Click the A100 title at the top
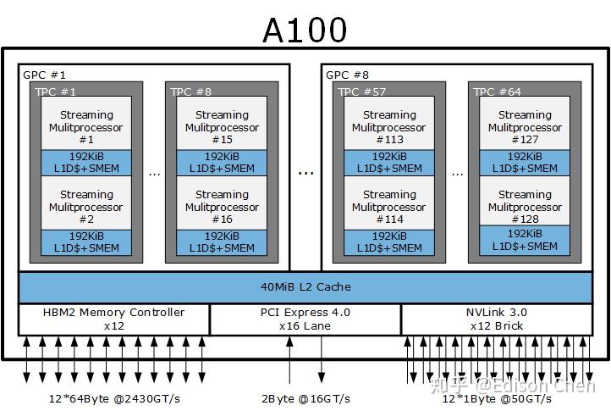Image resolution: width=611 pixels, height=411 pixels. coord(305,30)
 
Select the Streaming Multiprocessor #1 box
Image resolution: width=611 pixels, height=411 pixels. coord(86,126)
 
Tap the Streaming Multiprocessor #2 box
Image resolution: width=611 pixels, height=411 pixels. coord(86,206)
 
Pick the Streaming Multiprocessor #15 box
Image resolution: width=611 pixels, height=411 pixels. coord(222,126)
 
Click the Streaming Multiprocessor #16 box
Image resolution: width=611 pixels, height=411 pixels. coord(222,206)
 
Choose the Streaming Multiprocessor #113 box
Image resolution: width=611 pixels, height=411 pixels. coord(389,126)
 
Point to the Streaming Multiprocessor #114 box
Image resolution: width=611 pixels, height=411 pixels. coord(389,206)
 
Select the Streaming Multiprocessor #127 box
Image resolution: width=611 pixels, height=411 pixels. coord(525,126)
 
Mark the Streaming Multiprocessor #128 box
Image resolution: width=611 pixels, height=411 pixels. coord(525,204)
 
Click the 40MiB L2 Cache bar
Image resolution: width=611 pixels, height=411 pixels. coord(305,287)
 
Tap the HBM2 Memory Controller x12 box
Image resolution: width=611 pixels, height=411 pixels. coord(113,319)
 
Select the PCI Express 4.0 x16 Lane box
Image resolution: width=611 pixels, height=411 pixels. coord(305,319)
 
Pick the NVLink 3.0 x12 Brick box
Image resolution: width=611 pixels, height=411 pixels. coord(496,319)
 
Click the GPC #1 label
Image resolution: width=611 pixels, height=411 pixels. coord(44,75)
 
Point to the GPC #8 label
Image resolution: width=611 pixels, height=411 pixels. coord(348,75)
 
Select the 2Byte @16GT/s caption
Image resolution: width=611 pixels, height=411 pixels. coord(305,398)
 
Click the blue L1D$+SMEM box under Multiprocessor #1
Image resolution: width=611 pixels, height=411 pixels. coord(86,163)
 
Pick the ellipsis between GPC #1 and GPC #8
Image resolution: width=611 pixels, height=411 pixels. coord(305,172)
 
